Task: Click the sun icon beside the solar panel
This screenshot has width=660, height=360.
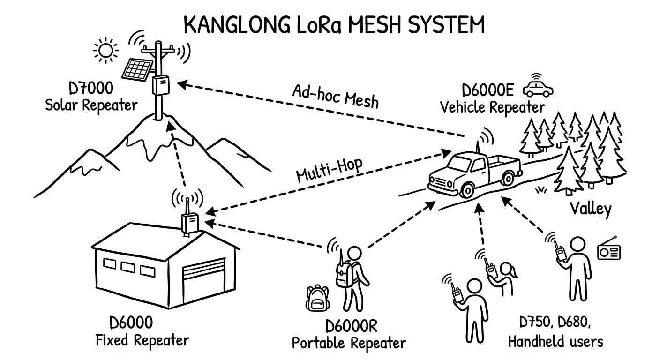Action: click(105, 49)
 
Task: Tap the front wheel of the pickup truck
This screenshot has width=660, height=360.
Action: click(467, 189)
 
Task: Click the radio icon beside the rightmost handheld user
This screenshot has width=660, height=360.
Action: click(608, 252)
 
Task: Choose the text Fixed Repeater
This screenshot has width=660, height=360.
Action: click(142, 340)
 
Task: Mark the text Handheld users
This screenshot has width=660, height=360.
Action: click(555, 341)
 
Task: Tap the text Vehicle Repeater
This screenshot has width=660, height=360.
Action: click(492, 107)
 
